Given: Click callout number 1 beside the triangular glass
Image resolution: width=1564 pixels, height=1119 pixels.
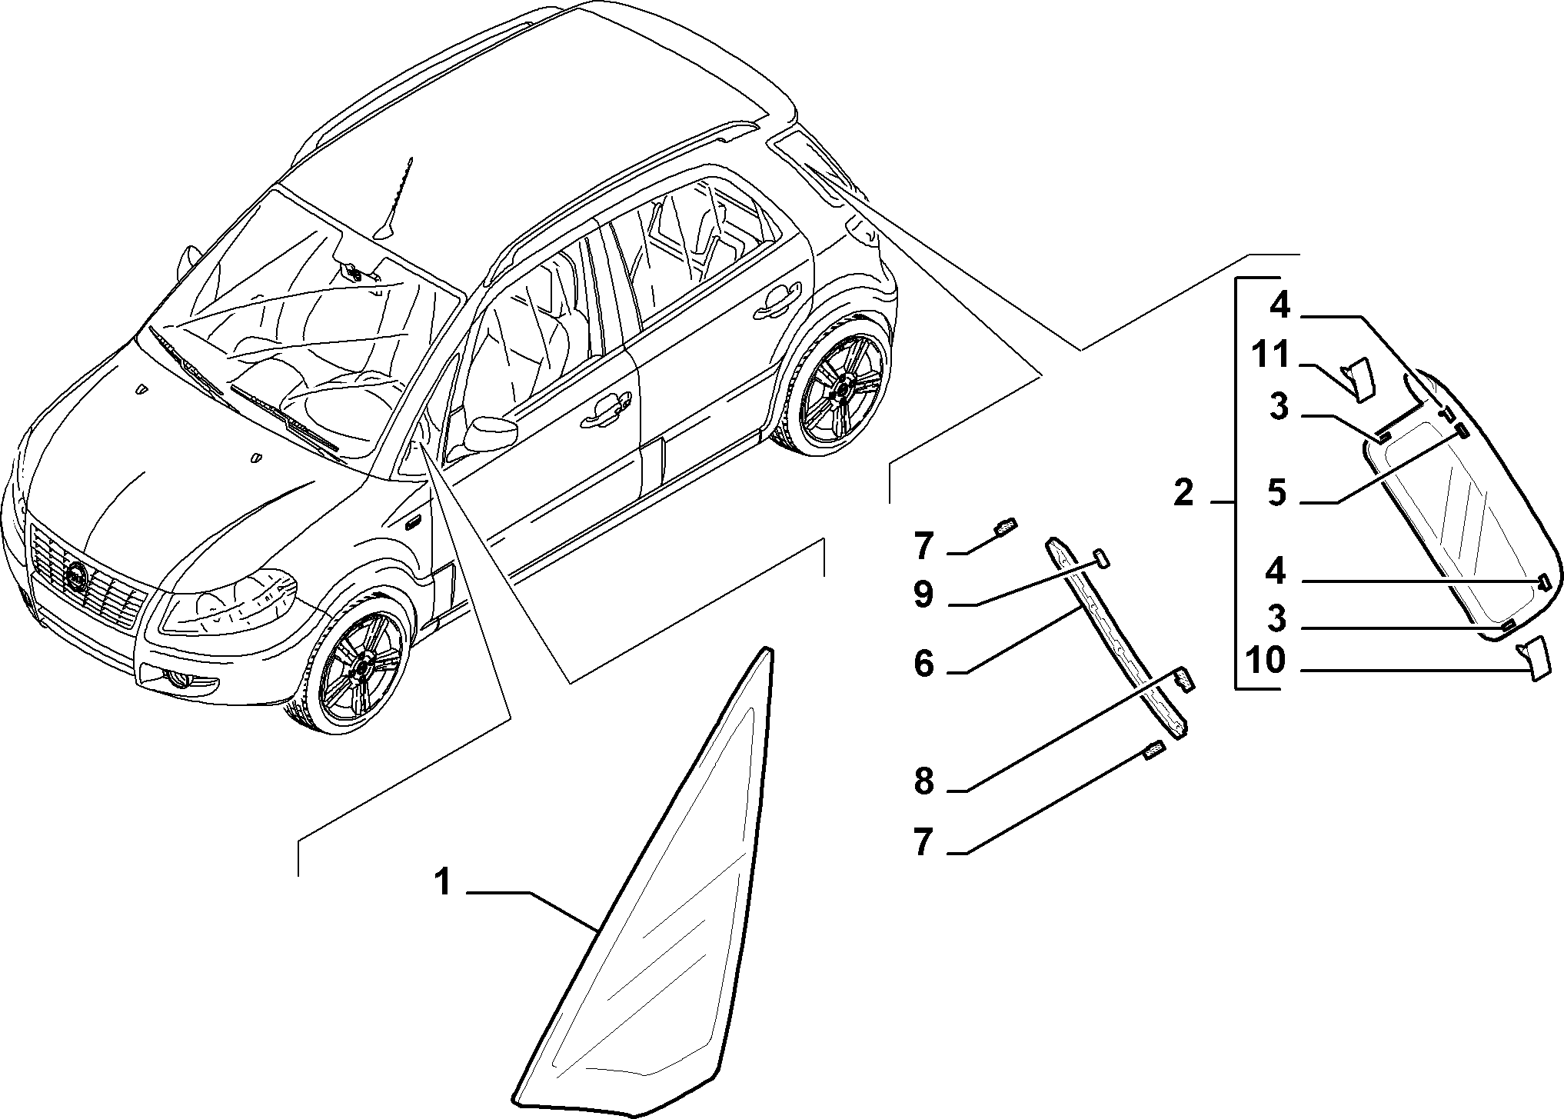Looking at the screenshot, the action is (442, 883).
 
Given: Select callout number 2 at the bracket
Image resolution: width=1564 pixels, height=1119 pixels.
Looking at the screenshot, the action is (1184, 492).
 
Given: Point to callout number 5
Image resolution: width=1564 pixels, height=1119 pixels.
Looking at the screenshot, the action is (1277, 493).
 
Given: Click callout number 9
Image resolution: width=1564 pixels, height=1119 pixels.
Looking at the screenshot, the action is (923, 594).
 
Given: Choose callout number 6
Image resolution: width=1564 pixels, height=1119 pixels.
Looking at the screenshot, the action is (923, 663).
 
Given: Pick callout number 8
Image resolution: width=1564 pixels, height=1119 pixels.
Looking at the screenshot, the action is (923, 781).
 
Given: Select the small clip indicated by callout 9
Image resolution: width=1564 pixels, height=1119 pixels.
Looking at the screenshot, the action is (1100, 558).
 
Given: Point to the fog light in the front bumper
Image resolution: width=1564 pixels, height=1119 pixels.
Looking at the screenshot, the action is (182, 678).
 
